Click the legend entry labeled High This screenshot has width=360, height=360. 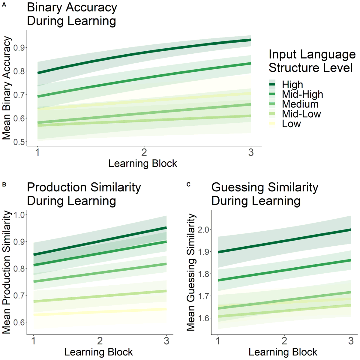coord(292,84)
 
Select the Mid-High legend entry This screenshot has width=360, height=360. coord(302,94)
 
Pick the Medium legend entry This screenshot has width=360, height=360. coord(300,104)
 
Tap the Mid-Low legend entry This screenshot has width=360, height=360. coord(301,114)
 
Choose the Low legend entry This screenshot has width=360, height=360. coord(291,124)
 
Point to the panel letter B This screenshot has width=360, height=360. coord(4,184)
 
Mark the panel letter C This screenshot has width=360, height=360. coord(188,184)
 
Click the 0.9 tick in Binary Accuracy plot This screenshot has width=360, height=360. coord(19,48)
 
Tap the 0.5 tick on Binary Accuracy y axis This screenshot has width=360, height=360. coord(19,142)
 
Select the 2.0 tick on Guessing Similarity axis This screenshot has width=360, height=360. coord(203,230)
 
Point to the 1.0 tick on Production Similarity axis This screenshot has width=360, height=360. coord(19,215)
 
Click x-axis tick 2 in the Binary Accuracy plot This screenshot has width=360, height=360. coord(144,152)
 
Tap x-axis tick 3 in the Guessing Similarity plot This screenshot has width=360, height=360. coord(351,341)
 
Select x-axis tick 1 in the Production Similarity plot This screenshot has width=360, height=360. coord(33,341)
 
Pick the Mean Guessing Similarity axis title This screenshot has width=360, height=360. coord(191,272)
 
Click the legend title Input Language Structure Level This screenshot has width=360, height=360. coord(312,61)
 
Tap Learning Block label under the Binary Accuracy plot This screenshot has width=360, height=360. coord(142,163)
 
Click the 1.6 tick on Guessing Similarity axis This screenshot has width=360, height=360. coord(203,318)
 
